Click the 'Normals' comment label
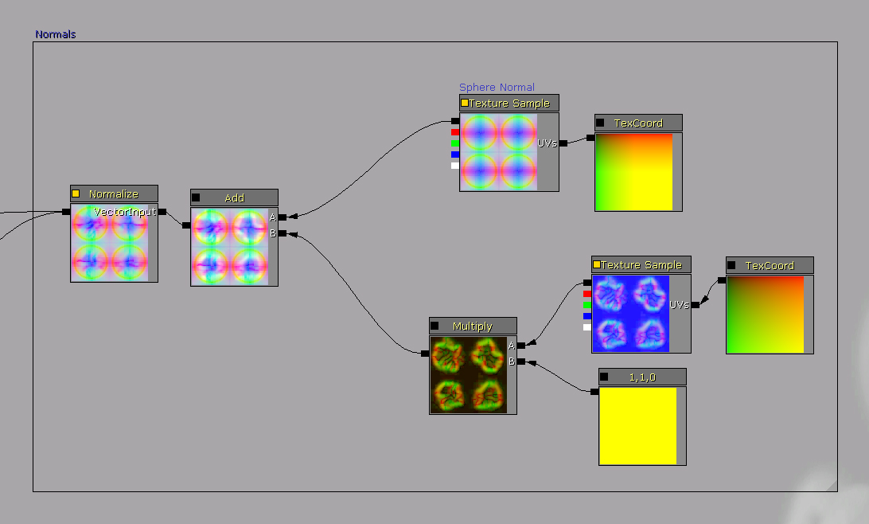(56, 34)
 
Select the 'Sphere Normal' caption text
(497, 87)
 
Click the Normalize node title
(114, 194)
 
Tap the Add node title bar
(235, 197)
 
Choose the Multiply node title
(472, 326)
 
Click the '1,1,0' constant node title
(642, 377)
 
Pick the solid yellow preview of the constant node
(638, 426)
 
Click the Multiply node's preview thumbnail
(469, 375)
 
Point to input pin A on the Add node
(283, 217)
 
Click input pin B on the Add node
(283, 233)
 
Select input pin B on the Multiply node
(521, 362)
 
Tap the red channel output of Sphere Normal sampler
(455, 132)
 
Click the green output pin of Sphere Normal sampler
(455, 143)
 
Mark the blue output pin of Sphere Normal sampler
(455, 154)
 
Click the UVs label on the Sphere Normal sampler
(547, 143)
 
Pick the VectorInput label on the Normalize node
(125, 212)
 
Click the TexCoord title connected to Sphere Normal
(638, 123)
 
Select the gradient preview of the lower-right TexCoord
(766, 315)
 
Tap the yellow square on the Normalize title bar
(76, 194)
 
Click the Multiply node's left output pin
(425, 354)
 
